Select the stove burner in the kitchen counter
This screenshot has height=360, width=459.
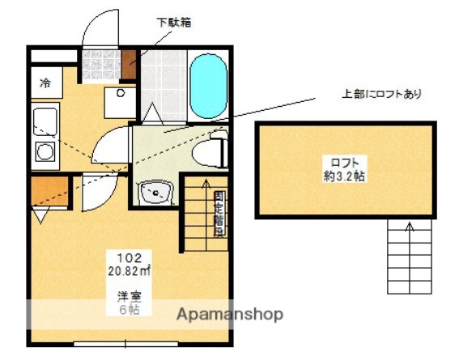[x=45, y=151]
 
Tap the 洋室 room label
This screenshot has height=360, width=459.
[x=123, y=297]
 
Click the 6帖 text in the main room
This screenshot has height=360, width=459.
[x=123, y=309]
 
